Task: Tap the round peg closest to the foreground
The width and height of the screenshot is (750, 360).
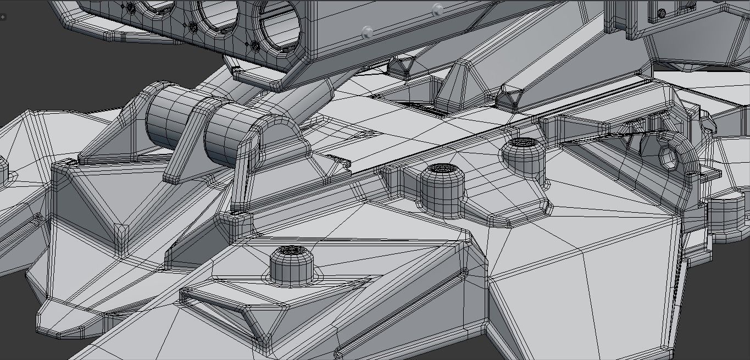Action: (x=292, y=265)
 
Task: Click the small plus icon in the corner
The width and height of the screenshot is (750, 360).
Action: (x=3, y=17)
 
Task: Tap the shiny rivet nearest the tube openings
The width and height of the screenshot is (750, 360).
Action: (x=367, y=32)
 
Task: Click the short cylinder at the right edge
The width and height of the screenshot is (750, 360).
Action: (x=727, y=217)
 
